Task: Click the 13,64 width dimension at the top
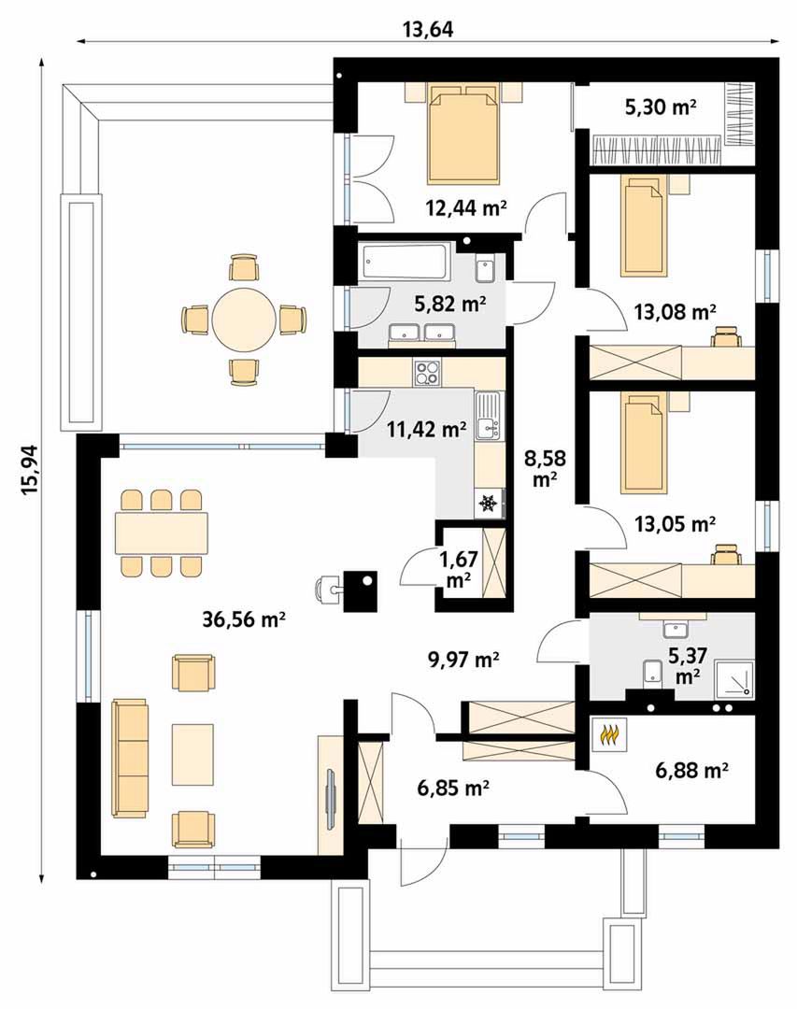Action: [x=428, y=29]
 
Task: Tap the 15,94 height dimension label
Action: [x=30, y=470]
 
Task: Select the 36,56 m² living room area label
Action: [x=244, y=619]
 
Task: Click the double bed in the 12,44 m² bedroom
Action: [x=464, y=135]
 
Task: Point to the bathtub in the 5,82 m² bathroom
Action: [x=405, y=263]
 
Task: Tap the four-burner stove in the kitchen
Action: [x=428, y=373]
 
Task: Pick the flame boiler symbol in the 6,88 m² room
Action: [x=609, y=734]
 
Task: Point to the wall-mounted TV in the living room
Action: [x=332, y=799]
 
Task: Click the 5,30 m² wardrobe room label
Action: [x=661, y=107]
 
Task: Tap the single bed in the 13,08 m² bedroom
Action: [x=642, y=228]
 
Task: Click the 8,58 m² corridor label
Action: [x=545, y=468]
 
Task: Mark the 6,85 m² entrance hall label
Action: [x=453, y=787]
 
